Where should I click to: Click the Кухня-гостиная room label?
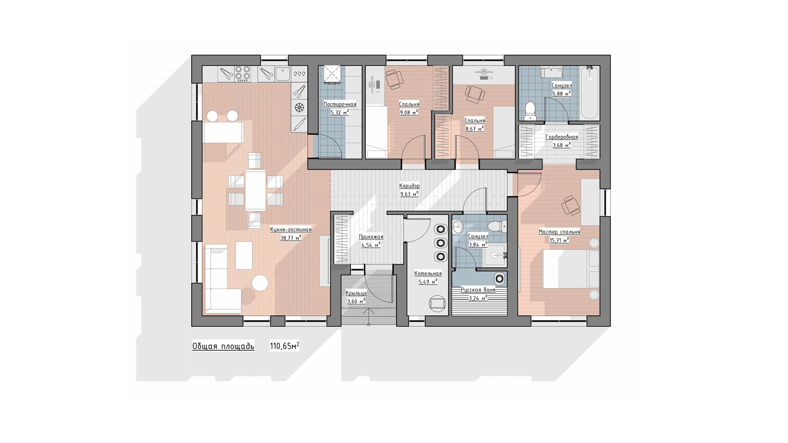click(291, 230)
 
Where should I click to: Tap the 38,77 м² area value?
click(291, 237)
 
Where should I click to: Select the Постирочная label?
click(340, 104)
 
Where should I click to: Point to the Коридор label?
click(410, 186)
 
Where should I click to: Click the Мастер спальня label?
click(559, 232)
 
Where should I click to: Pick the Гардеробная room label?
click(561, 137)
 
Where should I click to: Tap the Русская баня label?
click(478, 290)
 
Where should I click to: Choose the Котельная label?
click(428, 274)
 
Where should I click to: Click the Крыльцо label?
click(356, 293)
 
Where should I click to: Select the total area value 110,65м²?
click(284, 346)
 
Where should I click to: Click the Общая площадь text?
click(223, 346)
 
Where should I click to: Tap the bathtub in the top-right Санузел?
click(589, 93)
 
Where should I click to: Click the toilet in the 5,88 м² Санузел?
click(530, 110)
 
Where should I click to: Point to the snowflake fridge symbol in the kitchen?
click(300, 108)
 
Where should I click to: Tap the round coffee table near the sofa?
click(260, 283)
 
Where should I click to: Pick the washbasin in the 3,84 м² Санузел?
click(458, 226)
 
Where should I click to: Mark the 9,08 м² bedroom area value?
click(409, 112)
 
